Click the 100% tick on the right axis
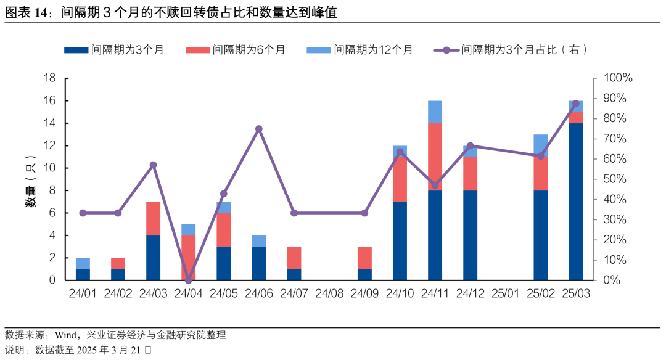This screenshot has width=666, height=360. pyautogui.click(x=617, y=78)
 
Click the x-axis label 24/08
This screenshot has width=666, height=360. pyautogui.click(x=329, y=293)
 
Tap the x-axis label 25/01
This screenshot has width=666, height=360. pyautogui.click(x=506, y=293)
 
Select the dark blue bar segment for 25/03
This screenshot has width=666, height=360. pyautogui.click(x=576, y=202)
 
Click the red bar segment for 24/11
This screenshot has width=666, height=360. pyautogui.click(x=435, y=157)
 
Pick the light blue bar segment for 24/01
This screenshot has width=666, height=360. pyautogui.click(x=83, y=263)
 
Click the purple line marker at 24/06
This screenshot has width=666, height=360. pyautogui.click(x=259, y=129)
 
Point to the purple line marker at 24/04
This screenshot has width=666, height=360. pyautogui.click(x=189, y=280)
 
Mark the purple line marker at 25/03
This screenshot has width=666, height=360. pyautogui.click(x=576, y=104)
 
